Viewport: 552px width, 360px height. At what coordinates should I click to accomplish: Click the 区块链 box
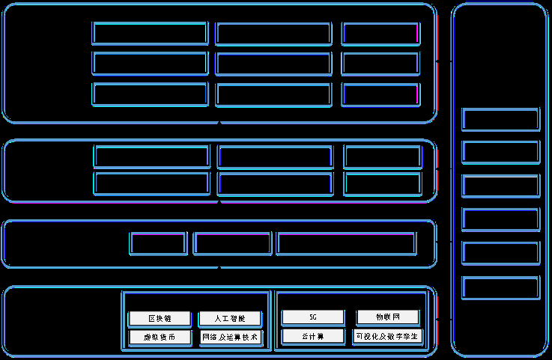[x=160, y=318]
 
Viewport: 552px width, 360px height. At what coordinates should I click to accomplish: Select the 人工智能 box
[x=230, y=318]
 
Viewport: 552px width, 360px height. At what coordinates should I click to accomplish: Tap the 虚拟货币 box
[x=160, y=338]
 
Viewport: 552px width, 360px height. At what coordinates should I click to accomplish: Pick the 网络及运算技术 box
[x=230, y=338]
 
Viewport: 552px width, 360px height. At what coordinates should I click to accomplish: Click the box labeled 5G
[x=313, y=317]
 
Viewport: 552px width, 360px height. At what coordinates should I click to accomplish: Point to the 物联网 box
[x=387, y=317]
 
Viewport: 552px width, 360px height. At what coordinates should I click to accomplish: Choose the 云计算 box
[x=313, y=336]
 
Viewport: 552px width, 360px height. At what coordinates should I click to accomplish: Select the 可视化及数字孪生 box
[x=387, y=336]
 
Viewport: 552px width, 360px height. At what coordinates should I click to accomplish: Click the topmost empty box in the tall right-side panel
[x=500, y=119]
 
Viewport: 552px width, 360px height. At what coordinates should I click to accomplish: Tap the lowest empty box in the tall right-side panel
[x=500, y=287]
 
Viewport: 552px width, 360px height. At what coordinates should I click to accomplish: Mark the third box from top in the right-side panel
[x=500, y=186]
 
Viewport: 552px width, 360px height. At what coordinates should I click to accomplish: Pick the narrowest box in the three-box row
[x=158, y=243]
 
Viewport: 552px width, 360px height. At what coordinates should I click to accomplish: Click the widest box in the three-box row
[x=346, y=243]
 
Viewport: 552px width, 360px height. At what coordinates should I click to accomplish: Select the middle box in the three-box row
[x=232, y=243]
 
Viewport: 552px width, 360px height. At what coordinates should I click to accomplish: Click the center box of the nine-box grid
[x=273, y=64]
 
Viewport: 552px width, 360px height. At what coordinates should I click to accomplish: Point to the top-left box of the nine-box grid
[x=150, y=34]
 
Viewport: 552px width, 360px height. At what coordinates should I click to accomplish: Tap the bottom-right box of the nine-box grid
[x=380, y=94]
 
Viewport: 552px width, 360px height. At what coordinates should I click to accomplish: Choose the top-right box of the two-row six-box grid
[x=382, y=156]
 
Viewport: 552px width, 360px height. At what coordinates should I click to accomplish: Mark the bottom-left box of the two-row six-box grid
[x=151, y=183]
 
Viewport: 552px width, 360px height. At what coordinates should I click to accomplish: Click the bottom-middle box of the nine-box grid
[x=273, y=94]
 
